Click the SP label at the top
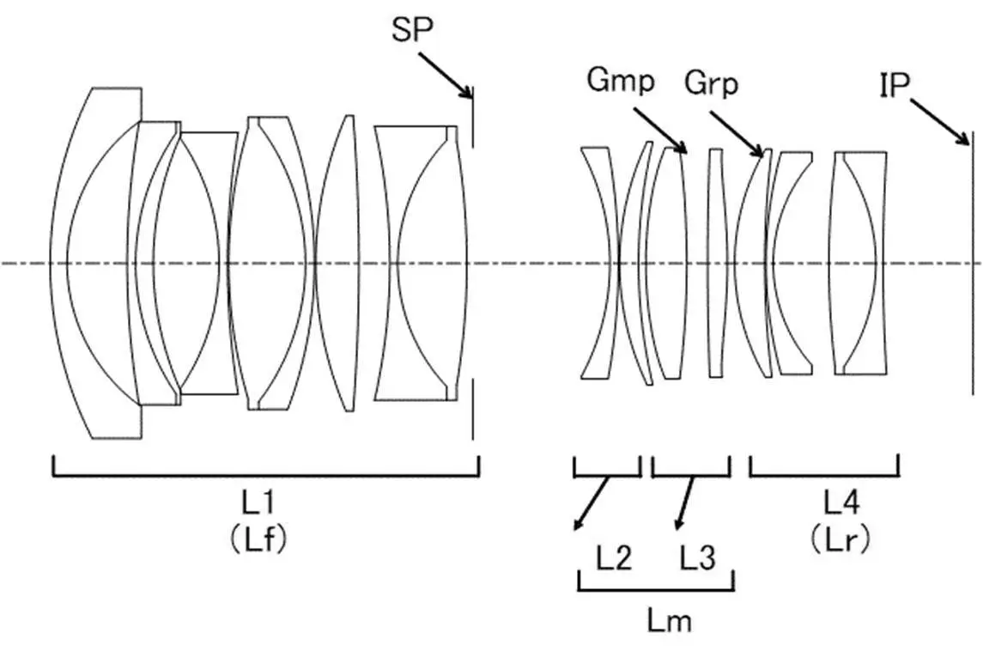[x=413, y=30]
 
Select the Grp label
[x=711, y=83]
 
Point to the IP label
[x=894, y=85]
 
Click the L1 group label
[x=257, y=502]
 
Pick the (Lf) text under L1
[x=257, y=538]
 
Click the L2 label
[x=614, y=559]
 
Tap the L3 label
[x=697, y=559]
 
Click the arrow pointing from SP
[x=446, y=76]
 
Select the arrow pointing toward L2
[x=591, y=503]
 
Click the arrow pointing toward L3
[x=685, y=503]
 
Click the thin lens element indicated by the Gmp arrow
[x=670, y=263]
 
